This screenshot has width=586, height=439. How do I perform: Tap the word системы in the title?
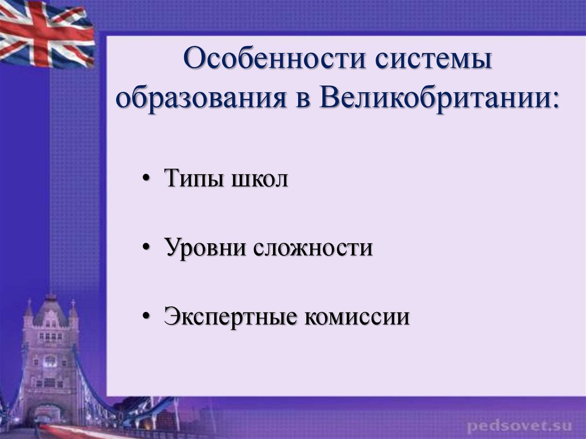[x=434, y=59]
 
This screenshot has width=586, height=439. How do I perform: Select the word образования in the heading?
[x=201, y=98]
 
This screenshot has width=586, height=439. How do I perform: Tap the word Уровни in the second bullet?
[x=205, y=247]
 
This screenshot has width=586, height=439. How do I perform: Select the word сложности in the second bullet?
[x=313, y=248]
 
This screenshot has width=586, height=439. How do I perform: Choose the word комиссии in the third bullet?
[x=357, y=317]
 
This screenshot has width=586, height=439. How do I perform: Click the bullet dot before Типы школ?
[x=146, y=178]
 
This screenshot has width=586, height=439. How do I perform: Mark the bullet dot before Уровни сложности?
[x=146, y=247]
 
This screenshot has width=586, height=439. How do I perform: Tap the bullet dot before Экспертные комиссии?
[x=146, y=317]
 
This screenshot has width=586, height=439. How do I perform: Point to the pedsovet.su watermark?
[x=520, y=425]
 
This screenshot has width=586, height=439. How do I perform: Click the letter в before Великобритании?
[x=303, y=101]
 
